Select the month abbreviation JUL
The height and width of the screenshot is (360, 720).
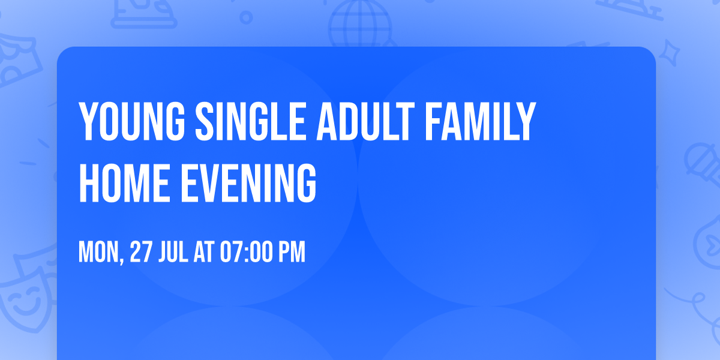tap(175, 253)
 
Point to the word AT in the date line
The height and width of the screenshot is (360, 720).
tap(204, 253)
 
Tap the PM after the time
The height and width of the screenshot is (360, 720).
tap(292, 253)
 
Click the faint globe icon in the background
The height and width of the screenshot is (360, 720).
tap(359, 24)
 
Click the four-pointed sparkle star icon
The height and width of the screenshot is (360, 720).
tap(673, 52)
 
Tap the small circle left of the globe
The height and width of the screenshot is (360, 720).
tap(246, 17)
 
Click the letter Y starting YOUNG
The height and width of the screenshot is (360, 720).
tap(88, 122)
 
